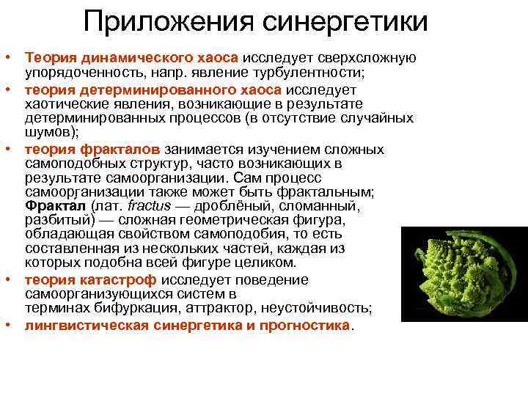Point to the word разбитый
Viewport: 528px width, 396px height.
pos(52,219)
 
